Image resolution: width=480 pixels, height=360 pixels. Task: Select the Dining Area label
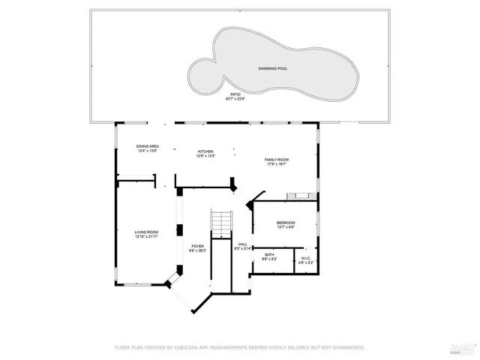[x=147, y=146]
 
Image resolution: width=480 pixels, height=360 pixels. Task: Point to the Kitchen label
[x=205, y=151]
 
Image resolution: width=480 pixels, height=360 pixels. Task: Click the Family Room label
[x=277, y=160]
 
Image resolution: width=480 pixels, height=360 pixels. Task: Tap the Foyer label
[x=197, y=246]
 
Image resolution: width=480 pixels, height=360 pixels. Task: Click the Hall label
[x=242, y=244]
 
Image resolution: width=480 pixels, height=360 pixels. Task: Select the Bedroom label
[x=286, y=223]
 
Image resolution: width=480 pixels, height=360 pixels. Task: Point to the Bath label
[x=268, y=255]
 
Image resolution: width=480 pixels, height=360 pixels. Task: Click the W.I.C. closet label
[x=304, y=258]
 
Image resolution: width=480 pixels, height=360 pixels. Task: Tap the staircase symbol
[x=220, y=223]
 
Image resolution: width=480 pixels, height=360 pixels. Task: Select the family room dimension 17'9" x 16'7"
[x=277, y=164]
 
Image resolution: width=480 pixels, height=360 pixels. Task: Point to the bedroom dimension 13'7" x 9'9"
[x=286, y=227]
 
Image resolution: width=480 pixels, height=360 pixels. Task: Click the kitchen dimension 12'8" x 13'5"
[x=205, y=156]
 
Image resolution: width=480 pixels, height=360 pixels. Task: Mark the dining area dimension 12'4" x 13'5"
[x=147, y=151]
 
